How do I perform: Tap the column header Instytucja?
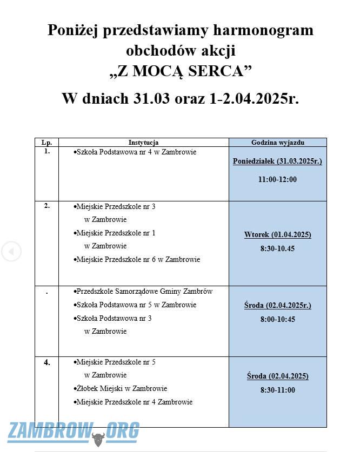click(143, 143)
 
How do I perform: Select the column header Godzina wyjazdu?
click(278, 143)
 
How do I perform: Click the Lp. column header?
click(46, 143)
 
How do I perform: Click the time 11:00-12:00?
click(278, 179)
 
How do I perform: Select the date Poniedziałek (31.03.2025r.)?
click(278, 161)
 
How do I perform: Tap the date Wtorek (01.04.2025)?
click(278, 235)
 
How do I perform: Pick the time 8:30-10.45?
click(278, 249)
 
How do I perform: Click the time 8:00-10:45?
click(278, 319)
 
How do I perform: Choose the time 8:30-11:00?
click(278, 390)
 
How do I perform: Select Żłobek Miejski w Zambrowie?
click(122, 389)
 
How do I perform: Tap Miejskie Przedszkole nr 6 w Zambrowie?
click(138, 260)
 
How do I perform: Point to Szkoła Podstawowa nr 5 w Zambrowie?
click(136, 305)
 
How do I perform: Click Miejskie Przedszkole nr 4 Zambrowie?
click(134, 402)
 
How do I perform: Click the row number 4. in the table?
click(47, 362)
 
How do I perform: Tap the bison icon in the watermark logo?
click(98, 438)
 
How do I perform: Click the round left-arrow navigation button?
click(11, 252)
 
